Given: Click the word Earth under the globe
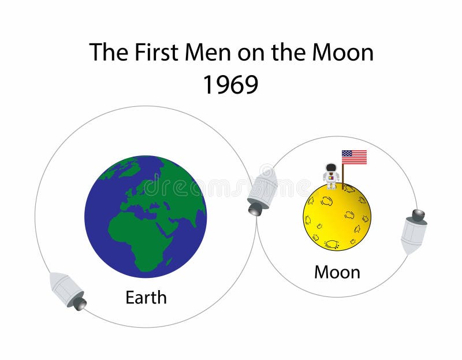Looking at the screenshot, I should pyautogui.click(x=146, y=298).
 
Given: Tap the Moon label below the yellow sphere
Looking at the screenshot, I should pyautogui.click(x=337, y=272).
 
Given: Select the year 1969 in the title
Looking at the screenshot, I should pyautogui.click(x=230, y=84).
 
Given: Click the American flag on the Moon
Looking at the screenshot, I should pyautogui.click(x=354, y=157).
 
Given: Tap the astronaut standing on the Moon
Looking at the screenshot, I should pyautogui.click(x=331, y=176).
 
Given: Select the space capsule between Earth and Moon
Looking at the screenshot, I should pyautogui.click(x=262, y=191).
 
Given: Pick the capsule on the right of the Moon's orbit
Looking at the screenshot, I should pyautogui.click(x=414, y=231).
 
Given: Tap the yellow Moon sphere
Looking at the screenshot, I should pyautogui.click(x=337, y=217).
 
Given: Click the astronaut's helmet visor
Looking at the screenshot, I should pyautogui.click(x=331, y=168).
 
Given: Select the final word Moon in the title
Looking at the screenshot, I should pyautogui.click(x=342, y=53).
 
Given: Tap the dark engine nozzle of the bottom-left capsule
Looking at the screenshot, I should pyautogui.click(x=80, y=303).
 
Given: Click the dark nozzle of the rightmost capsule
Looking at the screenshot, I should pyautogui.click(x=418, y=215).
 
